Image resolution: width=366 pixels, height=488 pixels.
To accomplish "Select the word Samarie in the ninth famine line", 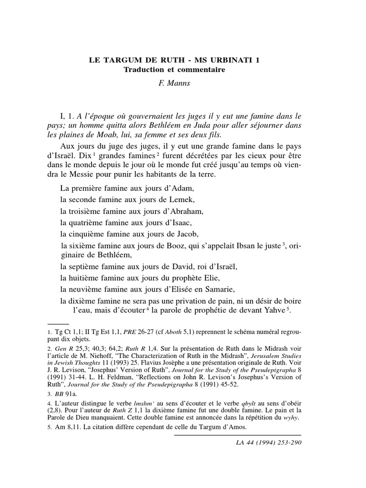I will pos(222,289).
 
